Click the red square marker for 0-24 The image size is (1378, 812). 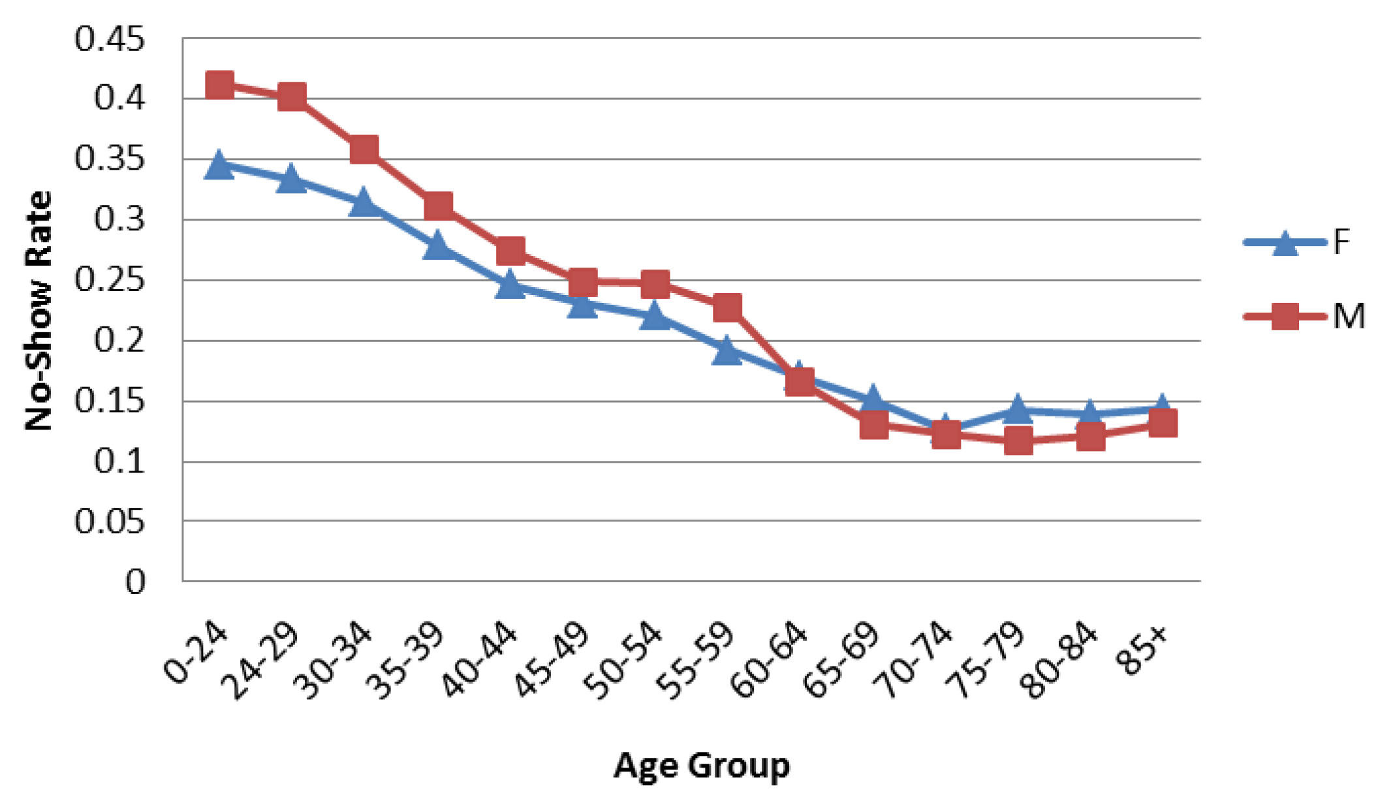pos(219,85)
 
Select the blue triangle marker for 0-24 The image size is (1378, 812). pos(219,166)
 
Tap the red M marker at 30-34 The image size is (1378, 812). pos(364,149)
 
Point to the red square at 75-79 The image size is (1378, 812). pos(1018,441)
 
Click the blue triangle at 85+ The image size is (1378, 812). pos(1162,406)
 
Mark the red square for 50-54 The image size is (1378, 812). pos(655,283)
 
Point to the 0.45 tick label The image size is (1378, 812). pos(109,40)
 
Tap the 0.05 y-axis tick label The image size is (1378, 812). pos(109,522)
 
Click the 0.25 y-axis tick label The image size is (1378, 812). pos(109,280)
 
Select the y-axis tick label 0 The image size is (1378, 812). pos(135,582)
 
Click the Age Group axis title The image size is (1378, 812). pos(702,765)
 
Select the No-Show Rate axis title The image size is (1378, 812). pos(39,311)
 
